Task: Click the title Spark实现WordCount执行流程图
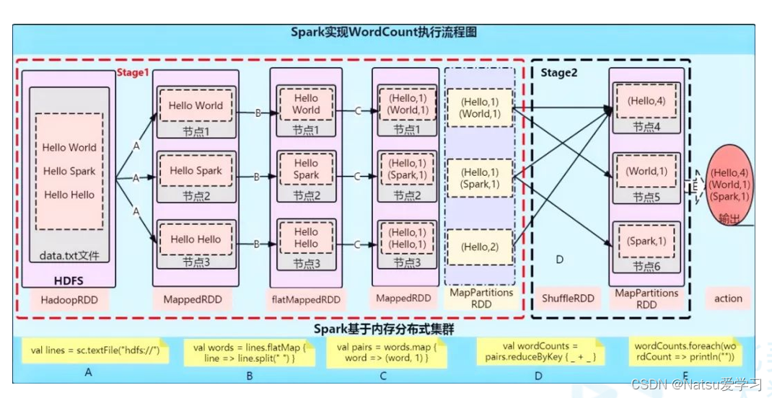pyautogui.click(x=383, y=32)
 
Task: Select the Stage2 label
pyautogui.click(x=559, y=72)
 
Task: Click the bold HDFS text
pyautogui.click(x=70, y=280)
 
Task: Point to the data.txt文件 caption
pyautogui.click(x=69, y=256)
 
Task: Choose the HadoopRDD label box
pyautogui.click(x=69, y=298)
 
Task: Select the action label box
pyautogui.click(x=728, y=298)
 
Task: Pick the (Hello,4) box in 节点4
pyautogui.click(x=646, y=102)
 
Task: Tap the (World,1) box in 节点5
pyautogui.click(x=646, y=172)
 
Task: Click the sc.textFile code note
pyautogui.click(x=95, y=351)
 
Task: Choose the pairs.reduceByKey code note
pyautogui.click(x=540, y=351)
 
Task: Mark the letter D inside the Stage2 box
pyautogui.click(x=559, y=258)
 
